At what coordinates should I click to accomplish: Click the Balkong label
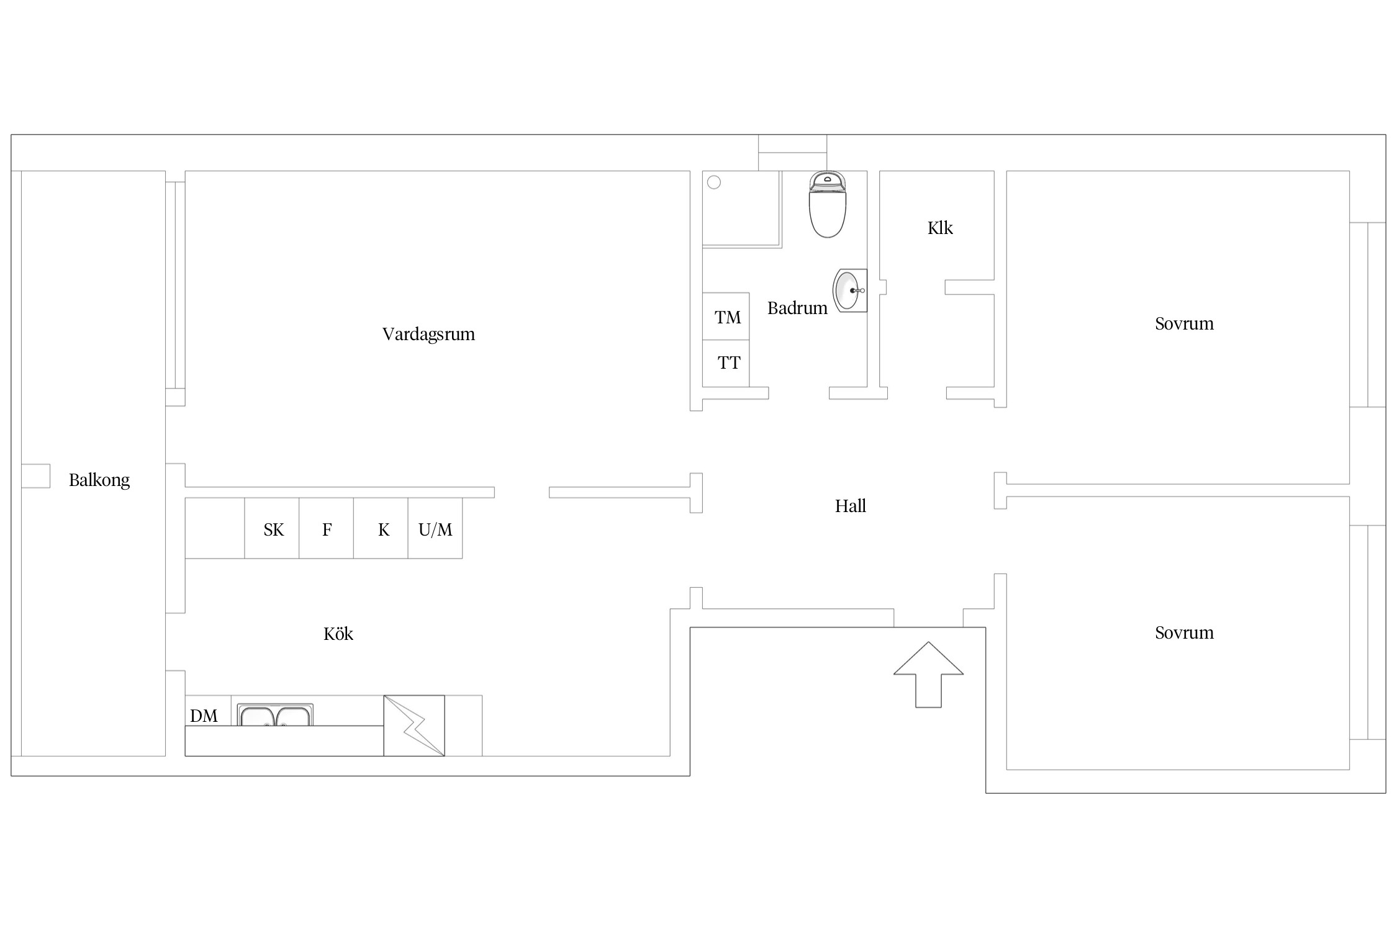pyautogui.click(x=99, y=480)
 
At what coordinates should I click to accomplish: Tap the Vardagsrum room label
pyautogui.click(x=428, y=335)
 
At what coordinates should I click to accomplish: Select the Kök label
pyautogui.click(x=338, y=634)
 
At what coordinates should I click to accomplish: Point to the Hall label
pyautogui.click(x=850, y=506)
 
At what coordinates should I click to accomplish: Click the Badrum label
pyautogui.click(x=797, y=308)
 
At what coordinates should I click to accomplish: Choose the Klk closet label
pyautogui.click(x=940, y=228)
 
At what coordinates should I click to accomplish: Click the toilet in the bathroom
pyautogui.click(x=828, y=204)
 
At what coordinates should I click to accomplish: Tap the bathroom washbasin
pyautogui.click(x=849, y=290)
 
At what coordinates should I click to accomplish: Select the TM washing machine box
pyautogui.click(x=726, y=317)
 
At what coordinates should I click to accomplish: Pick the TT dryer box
pyautogui.click(x=726, y=364)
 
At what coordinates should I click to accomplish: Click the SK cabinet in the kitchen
pyautogui.click(x=272, y=528)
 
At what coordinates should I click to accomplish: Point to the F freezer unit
pyautogui.click(x=327, y=528)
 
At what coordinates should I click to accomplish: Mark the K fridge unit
pyautogui.click(x=381, y=528)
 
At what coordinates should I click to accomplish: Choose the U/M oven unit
pyautogui.click(x=435, y=528)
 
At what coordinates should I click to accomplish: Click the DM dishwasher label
pyautogui.click(x=204, y=716)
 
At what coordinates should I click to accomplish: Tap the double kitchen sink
pyautogui.click(x=275, y=715)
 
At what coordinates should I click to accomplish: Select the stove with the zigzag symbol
pyautogui.click(x=414, y=726)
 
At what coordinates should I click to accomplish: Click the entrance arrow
pyautogui.click(x=928, y=675)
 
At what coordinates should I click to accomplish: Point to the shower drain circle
pyautogui.click(x=714, y=182)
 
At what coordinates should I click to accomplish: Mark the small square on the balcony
pyautogui.click(x=35, y=476)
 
